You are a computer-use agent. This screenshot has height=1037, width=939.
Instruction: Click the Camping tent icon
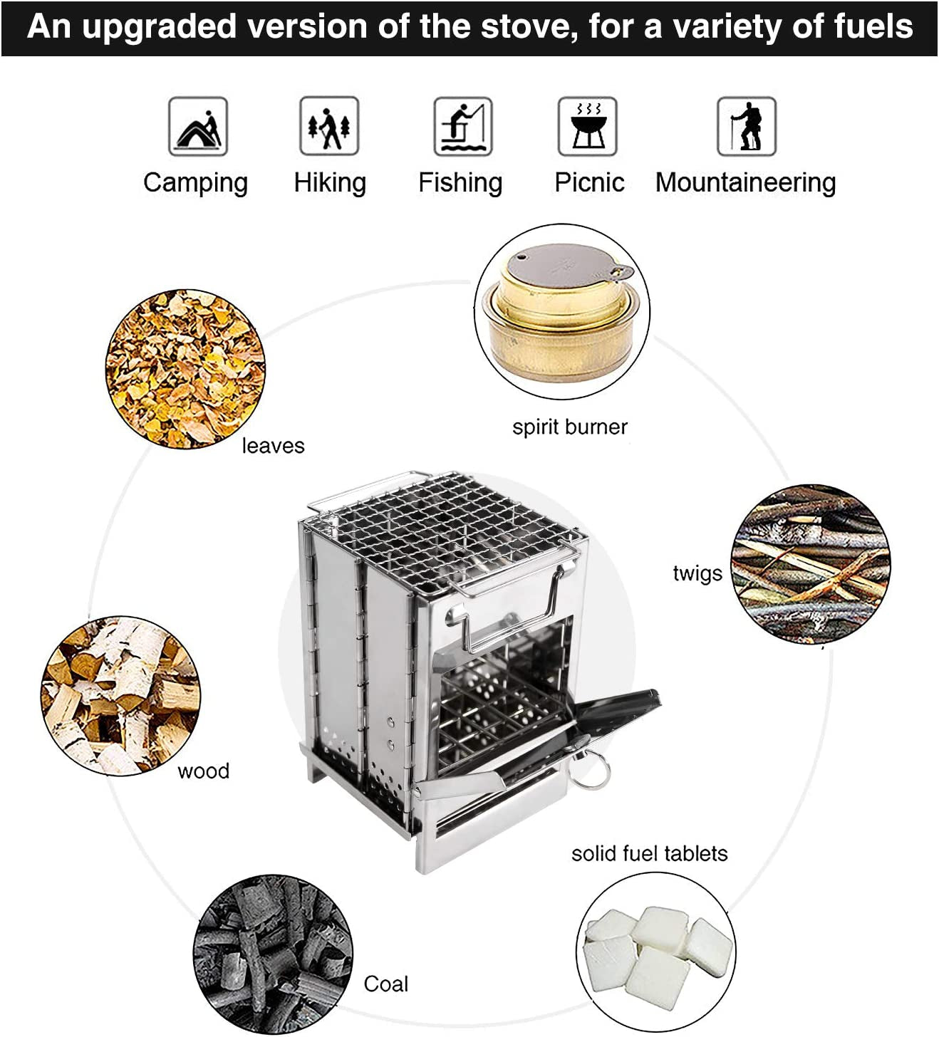(198, 127)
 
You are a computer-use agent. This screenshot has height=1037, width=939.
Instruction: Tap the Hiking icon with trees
(329, 127)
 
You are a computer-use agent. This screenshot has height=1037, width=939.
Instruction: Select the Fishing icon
(463, 127)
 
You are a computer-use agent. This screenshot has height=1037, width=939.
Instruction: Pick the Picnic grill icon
(588, 127)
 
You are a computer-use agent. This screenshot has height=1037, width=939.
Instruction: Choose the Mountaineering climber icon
(746, 127)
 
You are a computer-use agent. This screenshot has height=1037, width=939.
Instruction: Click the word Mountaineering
(745, 183)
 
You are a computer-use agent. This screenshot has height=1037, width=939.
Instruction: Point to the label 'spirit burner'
(569, 427)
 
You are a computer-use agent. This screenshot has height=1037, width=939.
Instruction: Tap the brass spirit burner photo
(562, 312)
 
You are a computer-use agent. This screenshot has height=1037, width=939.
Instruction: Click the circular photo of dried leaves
(185, 369)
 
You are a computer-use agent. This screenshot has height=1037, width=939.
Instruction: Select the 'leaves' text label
(273, 446)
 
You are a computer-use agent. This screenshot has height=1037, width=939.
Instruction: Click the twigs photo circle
(811, 565)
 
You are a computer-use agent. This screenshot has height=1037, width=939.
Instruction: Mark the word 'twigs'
(697, 573)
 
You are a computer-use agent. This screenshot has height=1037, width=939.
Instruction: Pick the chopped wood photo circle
(120, 695)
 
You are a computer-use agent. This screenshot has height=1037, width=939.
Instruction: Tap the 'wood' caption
(203, 771)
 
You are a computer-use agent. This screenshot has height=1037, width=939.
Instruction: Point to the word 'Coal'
(385, 984)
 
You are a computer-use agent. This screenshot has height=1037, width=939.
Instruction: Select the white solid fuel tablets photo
(655, 952)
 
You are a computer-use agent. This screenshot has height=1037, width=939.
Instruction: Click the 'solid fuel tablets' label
(649, 853)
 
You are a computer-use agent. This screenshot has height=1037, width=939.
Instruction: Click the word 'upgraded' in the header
(158, 27)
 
